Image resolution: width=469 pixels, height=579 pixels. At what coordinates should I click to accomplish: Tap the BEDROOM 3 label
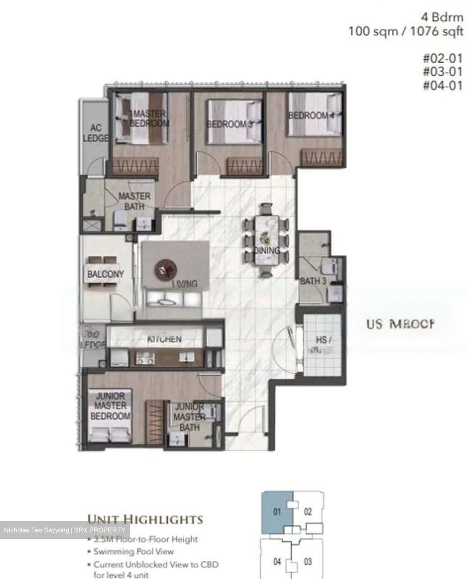pos(230,124)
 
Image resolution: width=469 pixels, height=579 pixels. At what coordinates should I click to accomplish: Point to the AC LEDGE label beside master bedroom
pos(96,133)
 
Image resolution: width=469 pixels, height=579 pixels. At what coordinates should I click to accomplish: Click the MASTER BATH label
pos(134,201)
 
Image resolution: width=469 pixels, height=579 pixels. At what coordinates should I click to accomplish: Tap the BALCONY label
pos(105,274)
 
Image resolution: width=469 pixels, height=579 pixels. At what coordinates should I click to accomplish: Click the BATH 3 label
pos(313,281)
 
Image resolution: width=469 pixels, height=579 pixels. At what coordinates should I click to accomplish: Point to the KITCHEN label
pos(165,339)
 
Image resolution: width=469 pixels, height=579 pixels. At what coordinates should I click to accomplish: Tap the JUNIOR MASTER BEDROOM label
pos(110,406)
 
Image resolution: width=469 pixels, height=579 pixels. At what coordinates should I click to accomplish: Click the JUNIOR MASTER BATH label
pos(189,417)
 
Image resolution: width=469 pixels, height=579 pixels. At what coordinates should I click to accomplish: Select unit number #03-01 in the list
pos(442,72)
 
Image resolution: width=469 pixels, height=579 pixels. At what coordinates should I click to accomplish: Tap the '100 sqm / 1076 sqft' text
pos(405,31)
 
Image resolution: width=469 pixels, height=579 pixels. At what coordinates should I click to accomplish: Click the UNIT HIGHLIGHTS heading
pos(145,519)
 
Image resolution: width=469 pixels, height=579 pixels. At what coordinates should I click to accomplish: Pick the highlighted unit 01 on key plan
pos(277,512)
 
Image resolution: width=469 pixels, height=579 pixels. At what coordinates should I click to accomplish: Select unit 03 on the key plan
pos(308,561)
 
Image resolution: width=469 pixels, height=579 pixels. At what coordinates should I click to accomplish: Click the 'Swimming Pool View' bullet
pos(134,552)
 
